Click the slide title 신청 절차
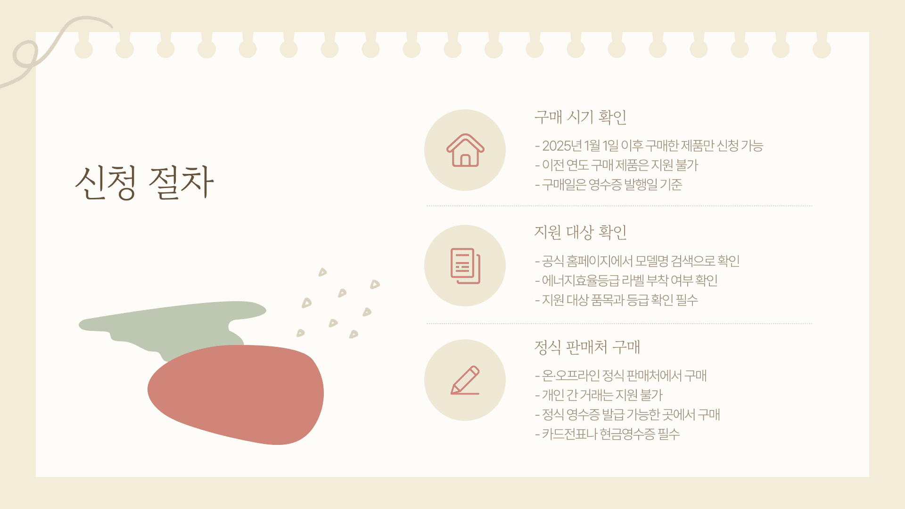click(x=144, y=182)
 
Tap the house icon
click(x=465, y=150)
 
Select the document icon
click(x=465, y=266)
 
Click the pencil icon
click(x=465, y=380)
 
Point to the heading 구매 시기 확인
click(x=580, y=117)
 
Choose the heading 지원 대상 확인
click(x=580, y=232)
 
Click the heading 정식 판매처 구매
click(x=587, y=347)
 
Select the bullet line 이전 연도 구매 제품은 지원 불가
click(x=617, y=165)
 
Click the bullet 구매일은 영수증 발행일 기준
click(x=609, y=184)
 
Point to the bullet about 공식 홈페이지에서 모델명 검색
click(x=637, y=261)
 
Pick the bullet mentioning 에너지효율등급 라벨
click(x=626, y=280)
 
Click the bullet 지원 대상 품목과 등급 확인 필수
click(x=617, y=300)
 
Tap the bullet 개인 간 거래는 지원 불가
click(x=599, y=395)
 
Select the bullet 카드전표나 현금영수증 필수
click(x=607, y=434)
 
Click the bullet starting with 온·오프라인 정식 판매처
click(x=621, y=376)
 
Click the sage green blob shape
click(x=174, y=325)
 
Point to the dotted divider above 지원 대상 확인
click(x=619, y=206)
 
